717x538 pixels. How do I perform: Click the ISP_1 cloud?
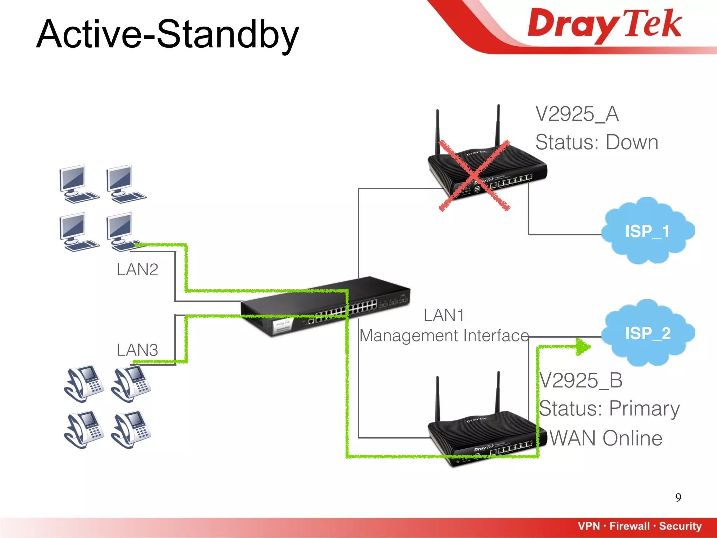click(648, 231)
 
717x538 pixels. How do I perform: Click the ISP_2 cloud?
click(648, 333)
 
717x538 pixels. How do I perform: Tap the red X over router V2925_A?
click(474, 175)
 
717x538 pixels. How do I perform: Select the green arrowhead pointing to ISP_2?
click(583, 347)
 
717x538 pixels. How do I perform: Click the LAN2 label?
click(137, 270)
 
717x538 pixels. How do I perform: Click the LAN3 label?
click(137, 350)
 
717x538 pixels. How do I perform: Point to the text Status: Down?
click(597, 142)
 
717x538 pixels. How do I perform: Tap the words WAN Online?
click(606, 438)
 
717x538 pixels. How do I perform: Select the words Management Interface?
click(444, 336)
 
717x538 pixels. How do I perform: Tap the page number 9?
click(678, 497)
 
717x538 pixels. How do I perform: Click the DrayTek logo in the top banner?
click(604, 25)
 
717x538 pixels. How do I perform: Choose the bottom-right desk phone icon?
click(131, 429)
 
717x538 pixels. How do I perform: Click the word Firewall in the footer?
click(629, 526)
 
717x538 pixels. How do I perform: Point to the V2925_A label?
click(577, 114)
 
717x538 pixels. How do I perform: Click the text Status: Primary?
click(609, 408)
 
